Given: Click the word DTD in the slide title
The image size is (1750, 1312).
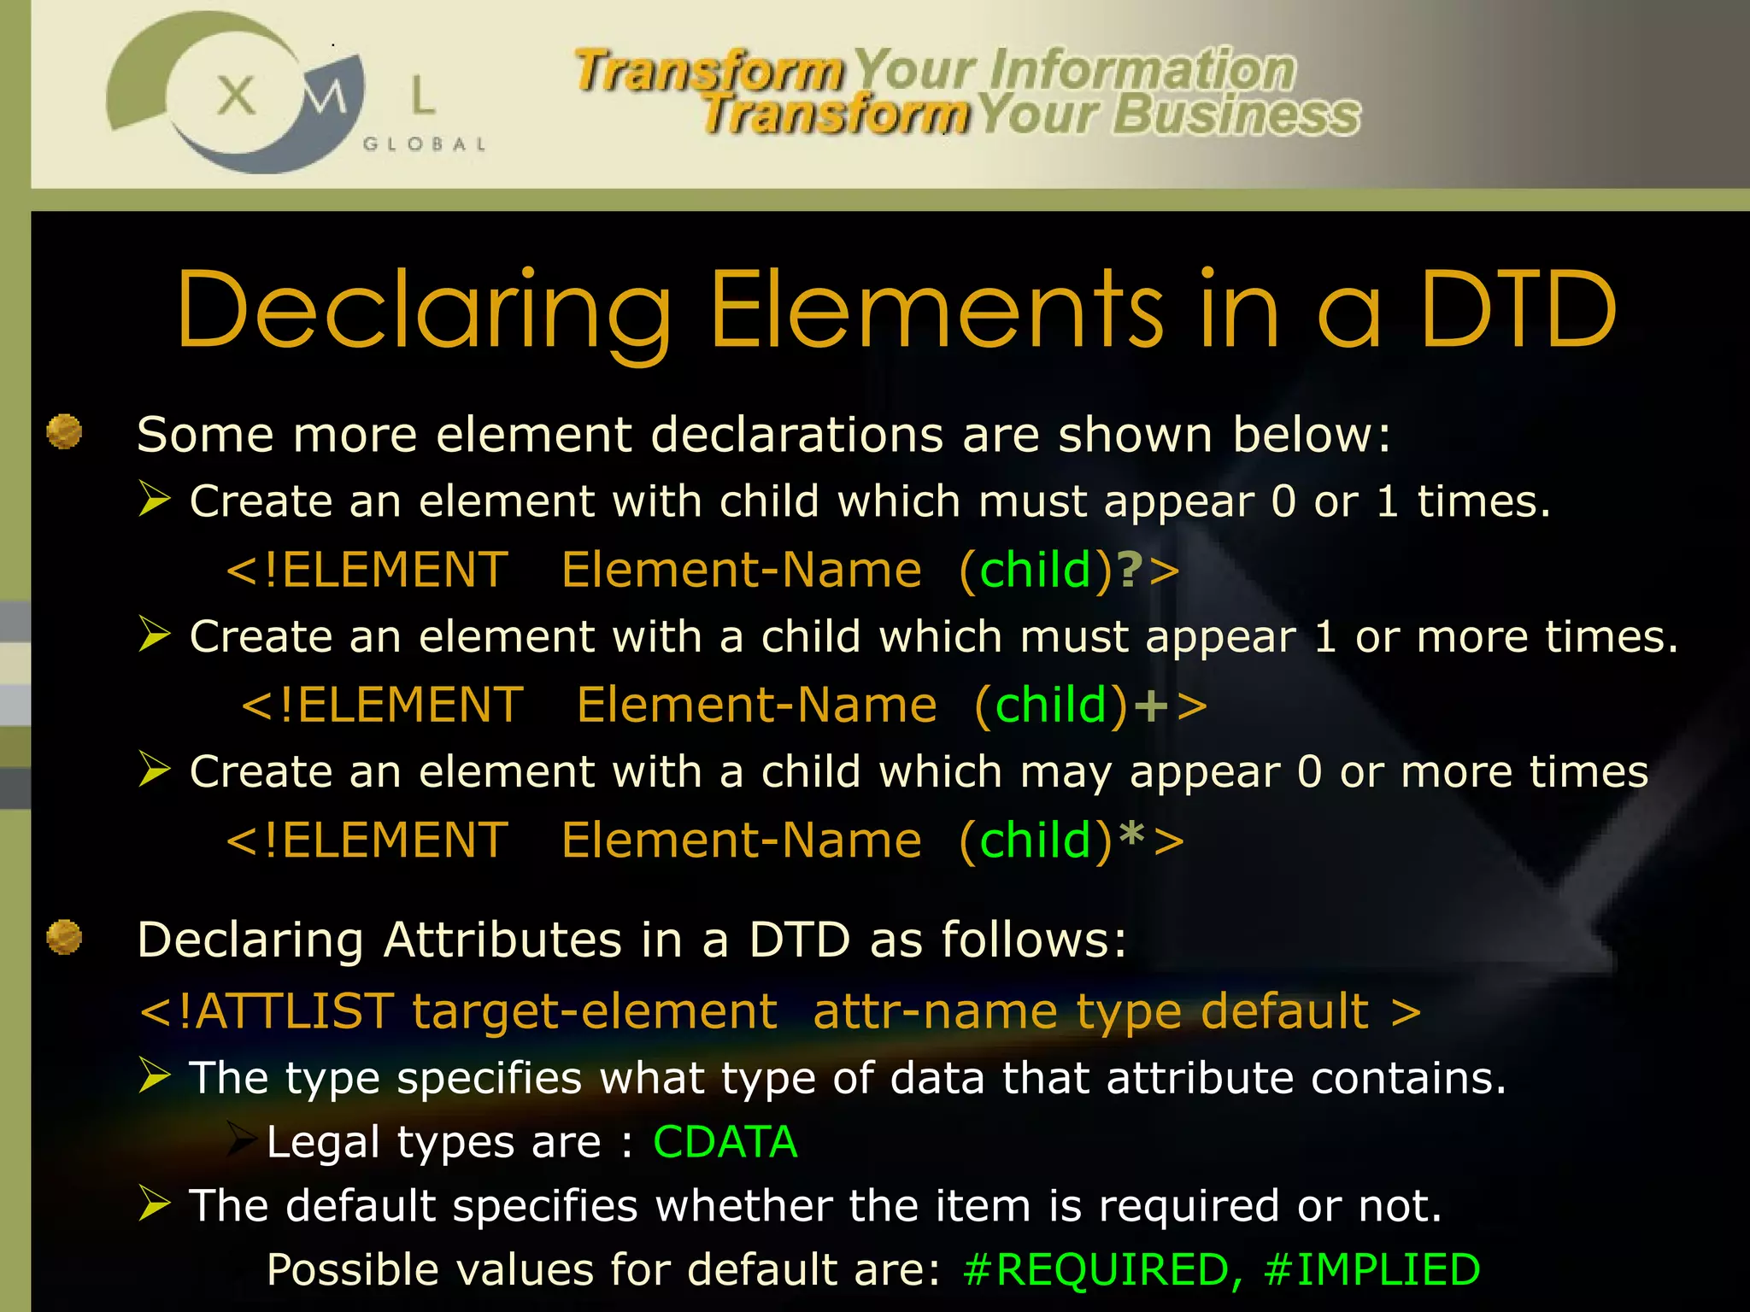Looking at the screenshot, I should pos(1518,309).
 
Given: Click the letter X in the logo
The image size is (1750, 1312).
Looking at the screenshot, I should pos(236,95).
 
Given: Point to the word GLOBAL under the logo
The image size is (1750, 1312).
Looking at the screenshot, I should pos(425,144).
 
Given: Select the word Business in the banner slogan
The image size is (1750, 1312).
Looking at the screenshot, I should pos(1236,114).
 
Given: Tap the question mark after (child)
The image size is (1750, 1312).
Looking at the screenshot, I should pos(1130,570).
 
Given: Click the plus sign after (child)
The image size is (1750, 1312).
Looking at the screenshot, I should pos(1150,706).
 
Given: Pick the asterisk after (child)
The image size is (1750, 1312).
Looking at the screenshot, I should pos(1131,836).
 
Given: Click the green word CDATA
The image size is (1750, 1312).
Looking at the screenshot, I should pos(725,1142).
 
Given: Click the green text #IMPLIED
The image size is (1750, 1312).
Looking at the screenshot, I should pos(1371,1269).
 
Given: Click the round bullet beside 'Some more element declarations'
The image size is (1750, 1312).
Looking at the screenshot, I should pos(64,431).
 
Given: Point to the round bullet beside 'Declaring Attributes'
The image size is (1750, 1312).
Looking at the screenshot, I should pos(64,937).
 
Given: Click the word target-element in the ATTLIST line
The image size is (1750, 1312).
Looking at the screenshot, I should pos(595,1012).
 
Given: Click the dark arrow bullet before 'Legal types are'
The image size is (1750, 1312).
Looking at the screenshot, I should pos(243,1140).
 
